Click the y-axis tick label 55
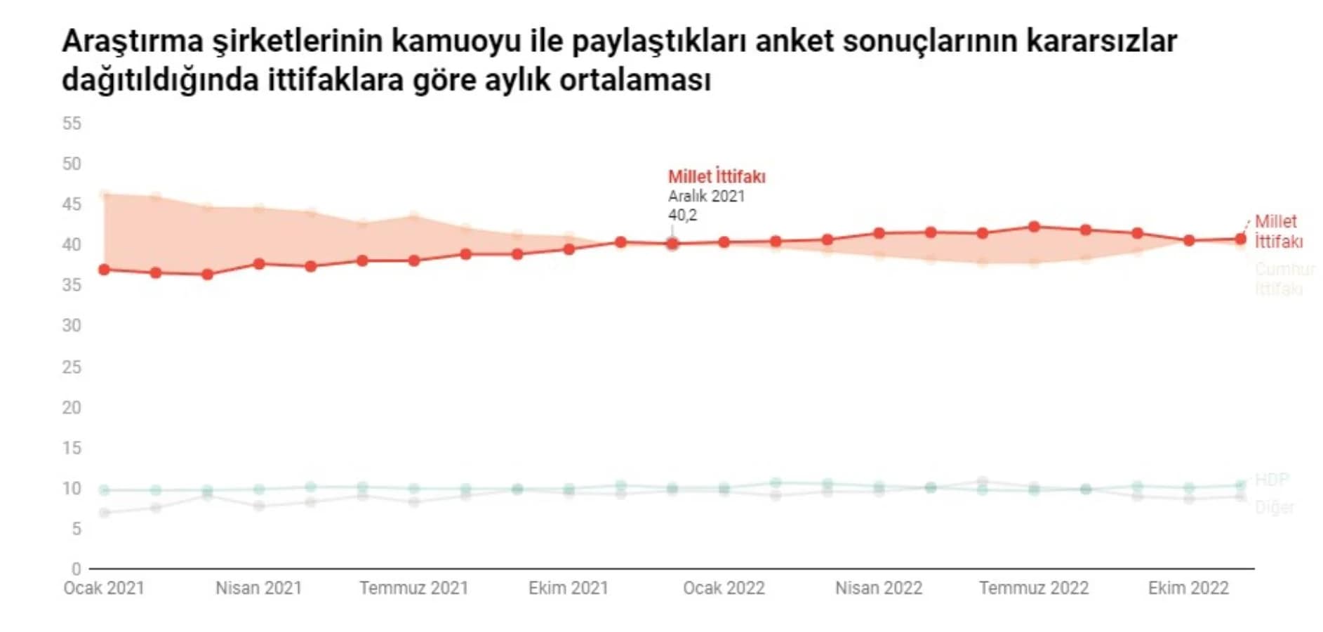[x=72, y=124]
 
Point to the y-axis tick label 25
[x=72, y=367]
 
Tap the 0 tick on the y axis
[x=76, y=569]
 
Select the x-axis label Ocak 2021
[x=104, y=588]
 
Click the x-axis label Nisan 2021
[x=258, y=588]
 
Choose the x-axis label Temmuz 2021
[x=413, y=588]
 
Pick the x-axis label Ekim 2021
[x=569, y=588]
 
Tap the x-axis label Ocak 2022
[x=724, y=588]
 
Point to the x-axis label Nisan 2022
[x=879, y=588]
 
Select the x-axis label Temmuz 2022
[x=1034, y=588]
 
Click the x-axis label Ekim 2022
[x=1188, y=588]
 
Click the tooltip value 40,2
[x=682, y=215]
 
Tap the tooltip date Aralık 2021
[x=706, y=196]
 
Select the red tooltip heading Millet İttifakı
[x=717, y=176]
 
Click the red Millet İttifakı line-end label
[x=1278, y=231]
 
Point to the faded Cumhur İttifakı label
[x=1284, y=279]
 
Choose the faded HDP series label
[x=1272, y=480]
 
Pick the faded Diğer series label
[x=1275, y=507]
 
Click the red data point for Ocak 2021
[x=104, y=270]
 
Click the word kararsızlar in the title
[x=1101, y=41]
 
